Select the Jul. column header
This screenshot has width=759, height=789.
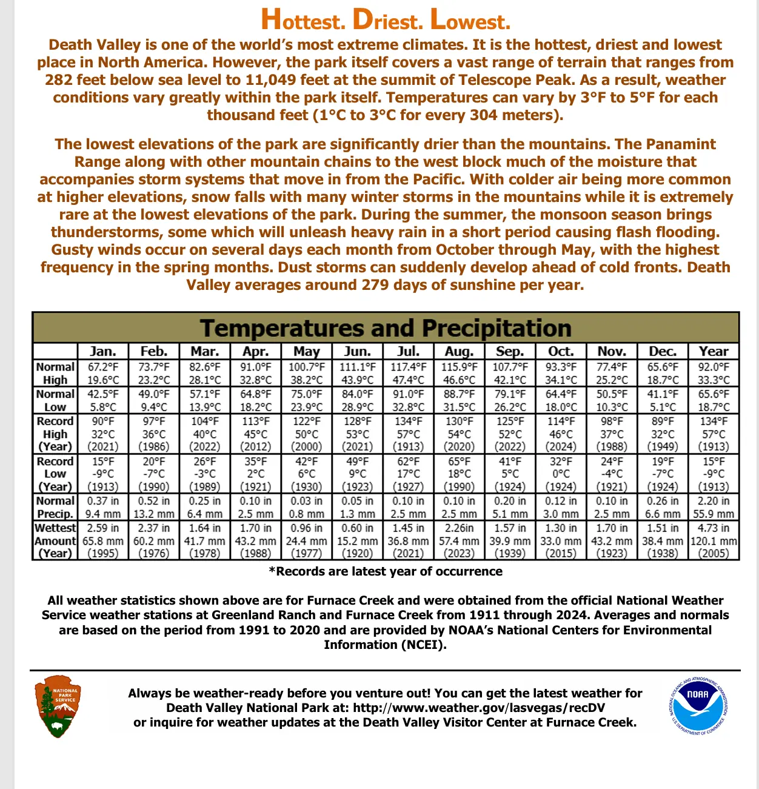pyautogui.click(x=408, y=351)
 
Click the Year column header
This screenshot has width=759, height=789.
pyautogui.click(x=714, y=351)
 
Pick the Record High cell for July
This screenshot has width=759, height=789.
pyautogui.click(x=408, y=434)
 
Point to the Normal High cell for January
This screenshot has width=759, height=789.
pyautogui.click(x=103, y=374)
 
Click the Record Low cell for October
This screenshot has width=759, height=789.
pyautogui.click(x=561, y=474)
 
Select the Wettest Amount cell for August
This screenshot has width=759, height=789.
pyautogui.click(x=459, y=540)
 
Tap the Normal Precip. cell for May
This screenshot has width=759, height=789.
pyautogui.click(x=306, y=507)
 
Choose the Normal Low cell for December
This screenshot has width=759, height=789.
pyautogui.click(x=663, y=400)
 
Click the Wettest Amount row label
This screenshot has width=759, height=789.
pyautogui.click(x=55, y=540)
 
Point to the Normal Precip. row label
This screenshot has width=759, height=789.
pyautogui.click(x=55, y=507)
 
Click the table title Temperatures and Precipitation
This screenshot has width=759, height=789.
pyautogui.click(x=386, y=328)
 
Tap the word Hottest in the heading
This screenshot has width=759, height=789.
pyautogui.click(x=303, y=21)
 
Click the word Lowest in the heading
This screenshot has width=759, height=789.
pyautogui.click(x=470, y=21)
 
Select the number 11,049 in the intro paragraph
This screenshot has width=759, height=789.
pyautogui.click(x=273, y=80)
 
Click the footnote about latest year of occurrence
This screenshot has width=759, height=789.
pyautogui.click(x=386, y=571)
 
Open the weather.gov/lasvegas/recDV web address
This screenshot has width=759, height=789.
pyautogui.click(x=479, y=708)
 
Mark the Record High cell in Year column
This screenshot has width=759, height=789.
pyautogui.click(x=714, y=434)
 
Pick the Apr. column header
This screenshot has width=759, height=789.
pyautogui.click(x=255, y=351)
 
